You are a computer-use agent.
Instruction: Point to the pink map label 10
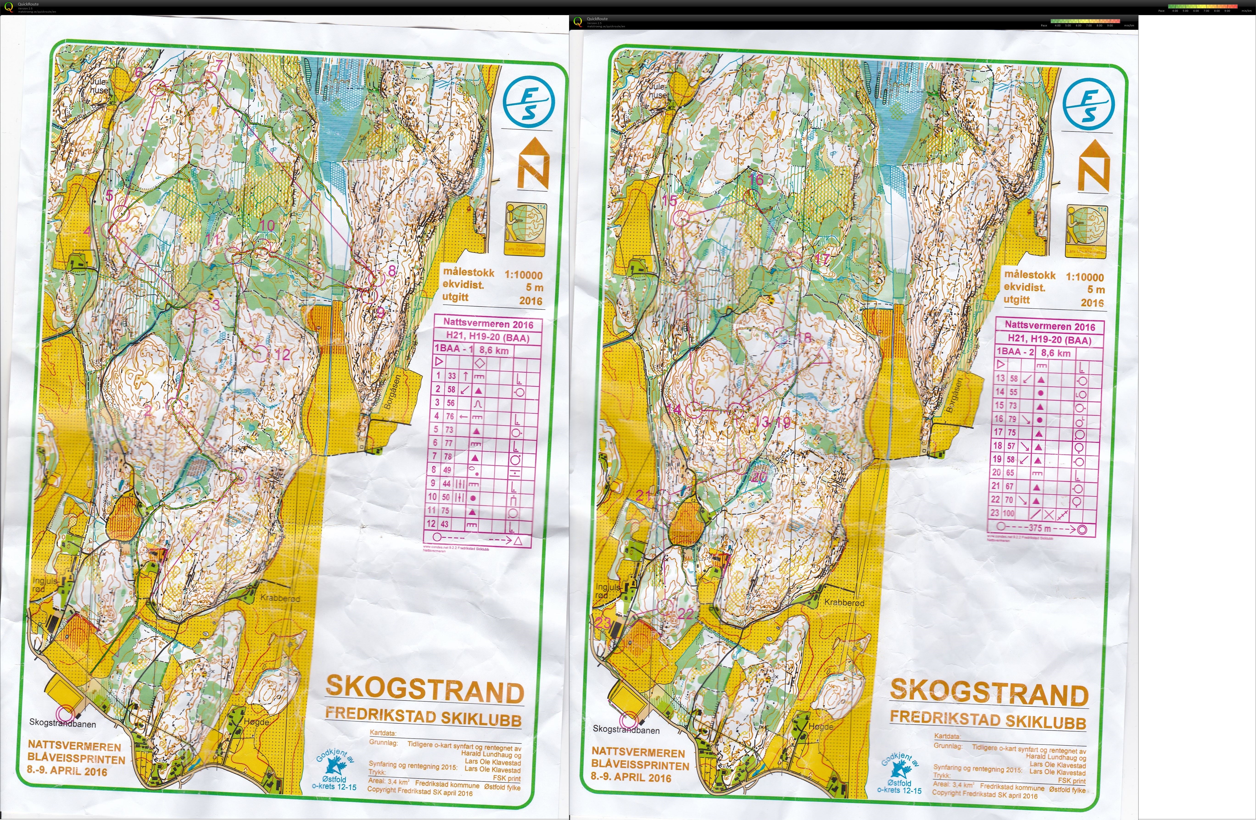(x=267, y=225)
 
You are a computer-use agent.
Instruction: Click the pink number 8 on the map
(x=392, y=271)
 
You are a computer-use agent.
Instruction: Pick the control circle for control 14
(x=695, y=410)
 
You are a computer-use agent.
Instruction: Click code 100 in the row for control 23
(x=1008, y=513)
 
